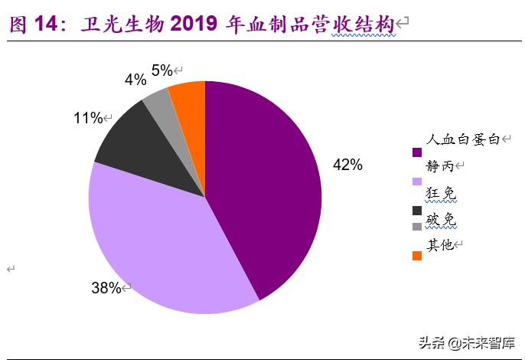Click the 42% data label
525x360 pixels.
347,165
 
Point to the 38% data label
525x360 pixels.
106,288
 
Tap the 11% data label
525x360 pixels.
88,118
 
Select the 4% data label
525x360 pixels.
135,80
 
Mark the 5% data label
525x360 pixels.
161,70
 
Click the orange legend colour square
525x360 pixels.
417,255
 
